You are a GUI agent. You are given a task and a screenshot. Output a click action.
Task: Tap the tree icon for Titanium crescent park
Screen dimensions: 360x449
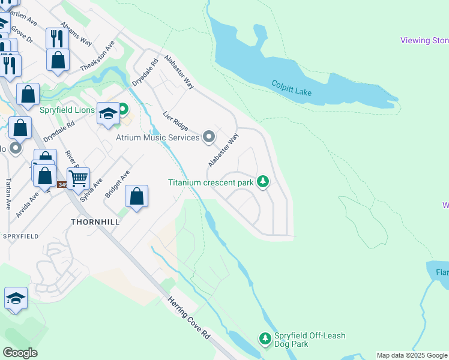(x=262, y=181)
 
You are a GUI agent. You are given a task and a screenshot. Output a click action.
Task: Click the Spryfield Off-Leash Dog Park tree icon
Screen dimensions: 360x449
(x=265, y=339)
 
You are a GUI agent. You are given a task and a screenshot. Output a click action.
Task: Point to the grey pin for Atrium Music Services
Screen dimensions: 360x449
(x=209, y=137)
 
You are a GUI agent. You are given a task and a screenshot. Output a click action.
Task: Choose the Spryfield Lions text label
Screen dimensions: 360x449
(x=67, y=110)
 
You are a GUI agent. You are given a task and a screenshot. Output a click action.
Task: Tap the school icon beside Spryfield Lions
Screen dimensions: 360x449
(x=108, y=114)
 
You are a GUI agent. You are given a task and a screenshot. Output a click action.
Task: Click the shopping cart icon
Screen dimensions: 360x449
(x=78, y=178)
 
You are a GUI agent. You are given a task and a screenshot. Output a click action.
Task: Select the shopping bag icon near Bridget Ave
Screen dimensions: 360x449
(x=137, y=196)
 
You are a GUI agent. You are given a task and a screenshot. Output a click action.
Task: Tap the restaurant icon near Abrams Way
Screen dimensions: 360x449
(x=57, y=38)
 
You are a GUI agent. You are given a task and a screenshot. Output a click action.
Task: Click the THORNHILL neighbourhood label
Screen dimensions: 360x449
(x=95, y=221)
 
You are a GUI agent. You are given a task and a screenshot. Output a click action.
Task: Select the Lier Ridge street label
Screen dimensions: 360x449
(x=175, y=121)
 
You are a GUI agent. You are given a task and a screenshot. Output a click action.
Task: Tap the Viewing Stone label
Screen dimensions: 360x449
(x=424, y=41)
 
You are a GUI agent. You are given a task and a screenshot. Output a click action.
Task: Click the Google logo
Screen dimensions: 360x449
(x=20, y=353)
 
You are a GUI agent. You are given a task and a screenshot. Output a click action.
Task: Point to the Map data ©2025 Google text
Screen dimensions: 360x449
(x=412, y=355)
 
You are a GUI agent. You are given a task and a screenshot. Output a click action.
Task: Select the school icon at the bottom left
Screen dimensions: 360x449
(x=16, y=298)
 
